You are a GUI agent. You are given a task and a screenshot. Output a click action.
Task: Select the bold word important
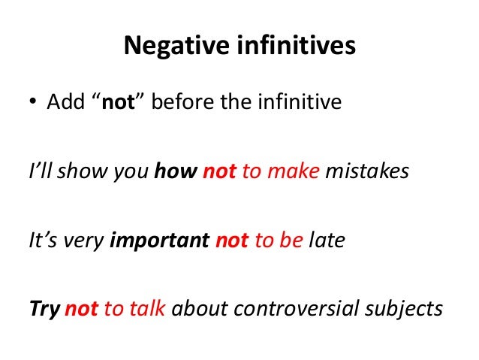tap(160, 241)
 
